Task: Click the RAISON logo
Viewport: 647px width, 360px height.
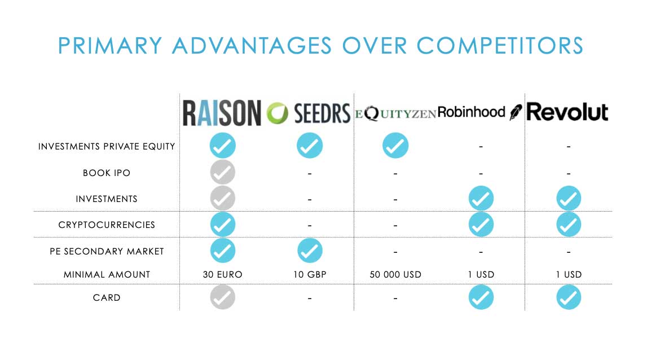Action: click(222, 113)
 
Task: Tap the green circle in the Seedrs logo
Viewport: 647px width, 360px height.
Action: click(278, 113)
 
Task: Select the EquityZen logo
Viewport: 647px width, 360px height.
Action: click(395, 113)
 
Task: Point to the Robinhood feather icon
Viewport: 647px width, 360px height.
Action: click(516, 112)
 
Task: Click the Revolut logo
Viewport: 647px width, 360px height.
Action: click(567, 112)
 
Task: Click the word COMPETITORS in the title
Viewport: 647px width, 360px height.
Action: click(500, 45)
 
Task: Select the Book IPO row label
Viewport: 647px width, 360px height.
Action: click(107, 173)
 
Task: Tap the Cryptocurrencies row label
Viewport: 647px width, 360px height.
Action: click(107, 225)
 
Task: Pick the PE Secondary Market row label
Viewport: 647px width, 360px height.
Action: click(107, 252)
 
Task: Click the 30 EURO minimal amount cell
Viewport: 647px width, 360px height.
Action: click(222, 275)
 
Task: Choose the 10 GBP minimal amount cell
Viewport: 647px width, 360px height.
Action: click(310, 275)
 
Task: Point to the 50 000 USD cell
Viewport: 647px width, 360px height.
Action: click(395, 275)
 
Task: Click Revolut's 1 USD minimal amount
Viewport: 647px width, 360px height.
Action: click(569, 275)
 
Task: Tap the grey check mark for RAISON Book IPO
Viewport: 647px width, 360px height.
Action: click(222, 172)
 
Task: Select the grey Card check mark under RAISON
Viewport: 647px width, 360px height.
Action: click(222, 297)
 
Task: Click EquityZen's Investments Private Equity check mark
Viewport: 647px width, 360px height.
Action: click(395, 146)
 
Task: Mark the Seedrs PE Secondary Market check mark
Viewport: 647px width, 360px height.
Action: click(310, 251)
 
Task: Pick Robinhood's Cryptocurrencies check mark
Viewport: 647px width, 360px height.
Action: click(481, 225)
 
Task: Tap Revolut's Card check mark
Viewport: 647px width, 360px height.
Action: click(569, 297)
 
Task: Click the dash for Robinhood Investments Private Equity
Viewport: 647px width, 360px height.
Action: click(481, 147)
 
